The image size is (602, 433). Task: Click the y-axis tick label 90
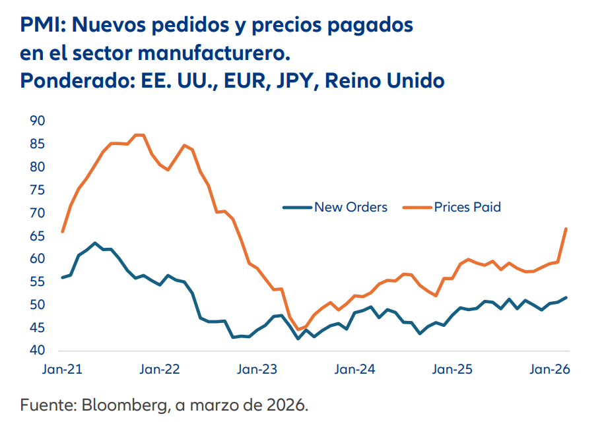pos(37,121)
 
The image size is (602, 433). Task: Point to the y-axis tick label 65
pos(37,236)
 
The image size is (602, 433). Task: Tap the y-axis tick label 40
pos(37,351)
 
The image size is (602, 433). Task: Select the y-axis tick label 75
pos(37,190)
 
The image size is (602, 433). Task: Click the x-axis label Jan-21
pos(63,370)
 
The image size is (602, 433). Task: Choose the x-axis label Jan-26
pos(551,370)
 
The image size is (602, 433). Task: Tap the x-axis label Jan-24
pos(354,370)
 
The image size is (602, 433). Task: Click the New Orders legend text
pos(351,207)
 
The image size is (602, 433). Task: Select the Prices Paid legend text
pos(467,207)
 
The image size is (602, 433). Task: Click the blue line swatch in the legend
pos(297,207)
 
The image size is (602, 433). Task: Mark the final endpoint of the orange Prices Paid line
pos(566,229)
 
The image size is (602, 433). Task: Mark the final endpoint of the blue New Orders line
pos(566,297)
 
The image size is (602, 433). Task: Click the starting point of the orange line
pos(62,232)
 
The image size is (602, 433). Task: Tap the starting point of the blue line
pos(62,277)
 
